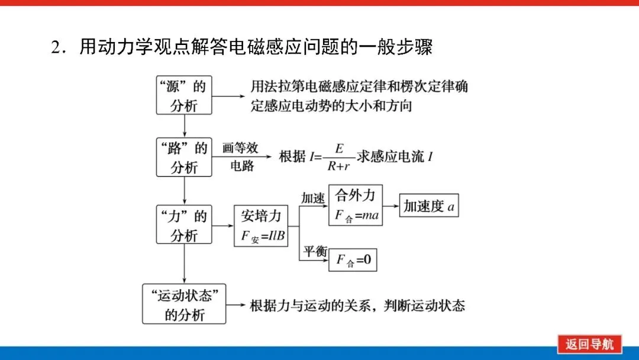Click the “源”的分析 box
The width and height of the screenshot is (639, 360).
click(x=184, y=95)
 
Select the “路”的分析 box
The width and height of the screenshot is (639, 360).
click(x=184, y=157)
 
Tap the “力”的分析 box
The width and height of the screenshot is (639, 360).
click(x=184, y=226)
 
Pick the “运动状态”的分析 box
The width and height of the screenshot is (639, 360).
click(x=184, y=304)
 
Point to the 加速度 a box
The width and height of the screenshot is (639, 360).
click(x=429, y=206)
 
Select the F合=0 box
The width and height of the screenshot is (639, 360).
click(x=353, y=261)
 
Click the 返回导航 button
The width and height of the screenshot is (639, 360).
click(x=589, y=344)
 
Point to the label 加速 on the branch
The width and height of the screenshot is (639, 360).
click(x=313, y=198)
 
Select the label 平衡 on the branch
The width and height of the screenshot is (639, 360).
click(x=315, y=251)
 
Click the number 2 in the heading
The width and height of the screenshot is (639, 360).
click(x=56, y=47)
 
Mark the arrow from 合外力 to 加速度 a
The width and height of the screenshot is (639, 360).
click(x=391, y=205)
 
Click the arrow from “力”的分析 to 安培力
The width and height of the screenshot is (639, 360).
click(x=222, y=226)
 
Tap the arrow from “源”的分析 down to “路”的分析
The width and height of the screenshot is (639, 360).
click(x=185, y=126)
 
